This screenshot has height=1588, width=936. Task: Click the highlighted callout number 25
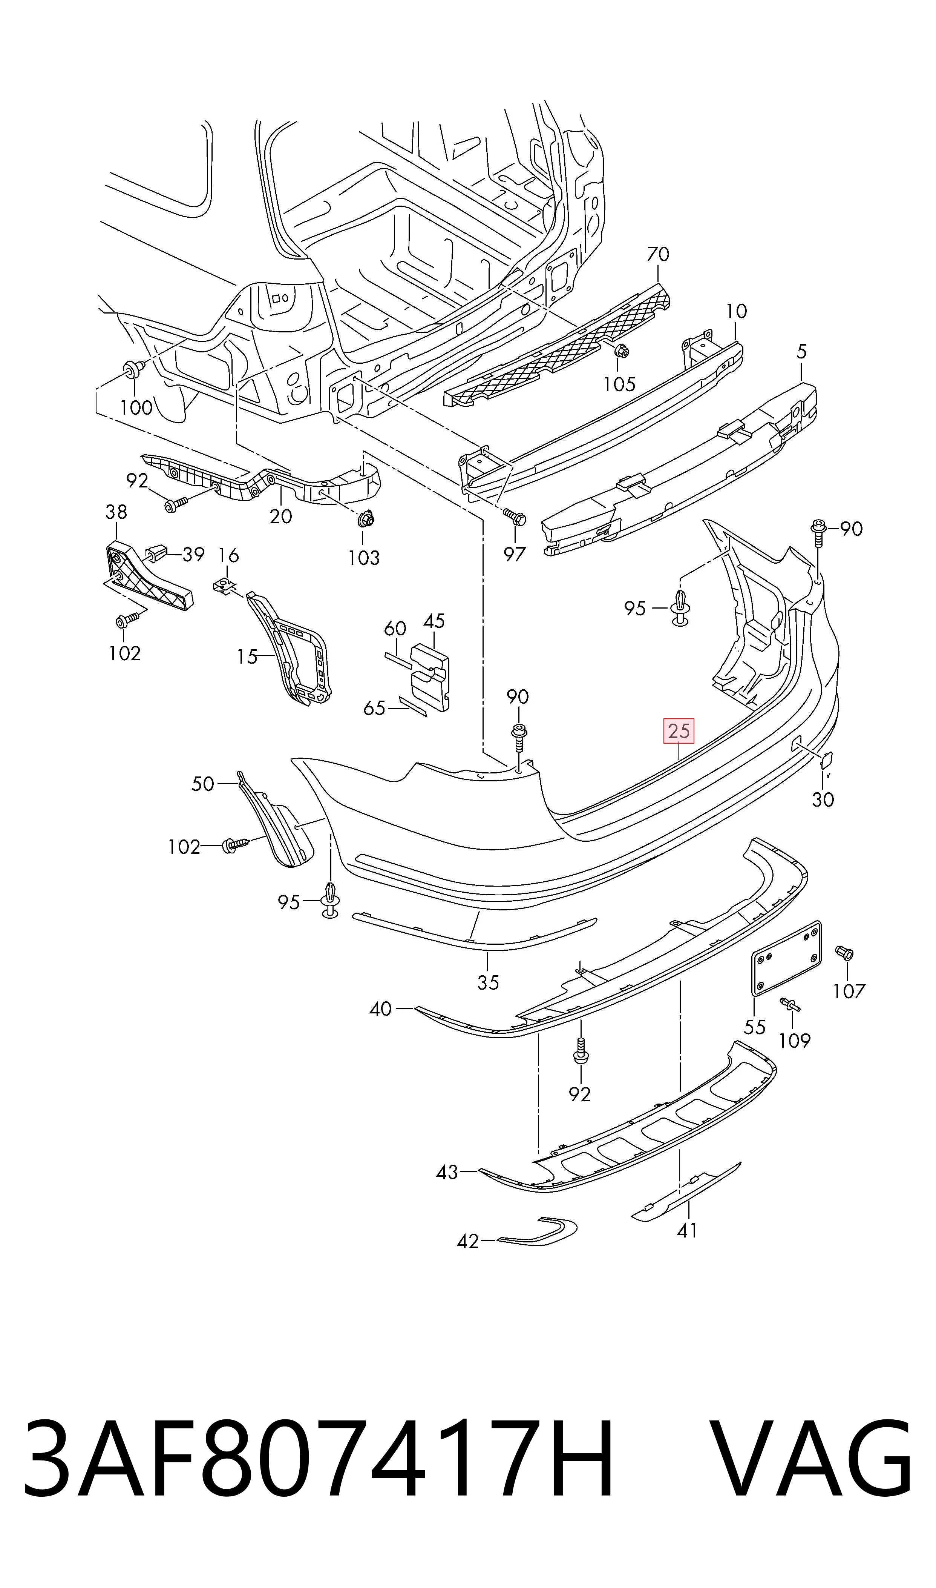click(x=678, y=731)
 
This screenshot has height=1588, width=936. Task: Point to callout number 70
click(x=658, y=254)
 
